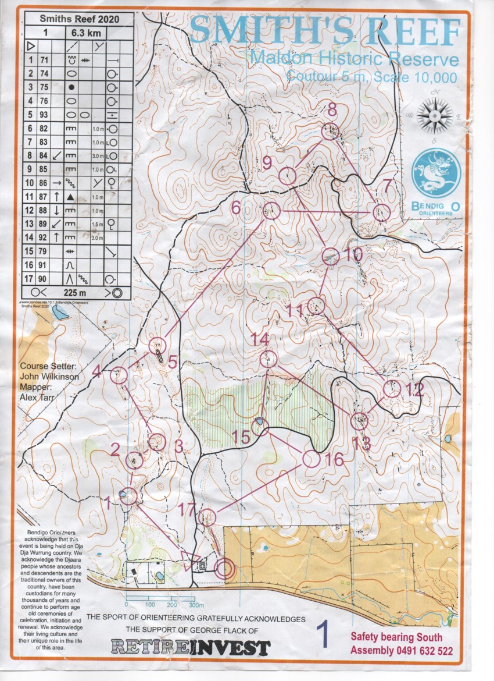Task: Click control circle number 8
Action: tap(330, 132)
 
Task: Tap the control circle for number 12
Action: tap(392, 389)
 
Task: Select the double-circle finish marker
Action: tap(224, 569)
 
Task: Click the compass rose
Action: tap(435, 116)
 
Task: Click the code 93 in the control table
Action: tap(44, 115)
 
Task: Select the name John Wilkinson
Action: tap(49, 377)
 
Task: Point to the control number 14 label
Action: tap(260, 339)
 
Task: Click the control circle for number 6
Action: tap(271, 211)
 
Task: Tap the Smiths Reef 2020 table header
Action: tap(79, 19)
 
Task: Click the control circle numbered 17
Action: tap(207, 516)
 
